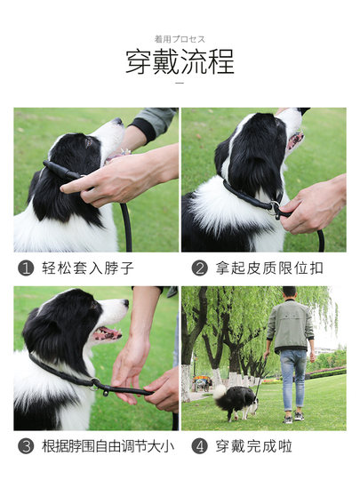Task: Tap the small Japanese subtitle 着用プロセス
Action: (180, 39)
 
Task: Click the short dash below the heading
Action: (180, 84)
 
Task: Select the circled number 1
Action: (27, 268)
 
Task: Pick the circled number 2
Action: (199, 268)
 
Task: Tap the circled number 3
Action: (27, 445)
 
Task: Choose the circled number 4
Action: (199, 445)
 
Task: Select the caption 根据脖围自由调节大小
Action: (103, 445)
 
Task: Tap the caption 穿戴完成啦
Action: (253, 445)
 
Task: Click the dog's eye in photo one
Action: (89, 140)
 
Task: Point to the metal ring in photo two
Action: (276, 211)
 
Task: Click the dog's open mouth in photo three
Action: (107, 332)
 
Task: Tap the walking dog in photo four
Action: (234, 401)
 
